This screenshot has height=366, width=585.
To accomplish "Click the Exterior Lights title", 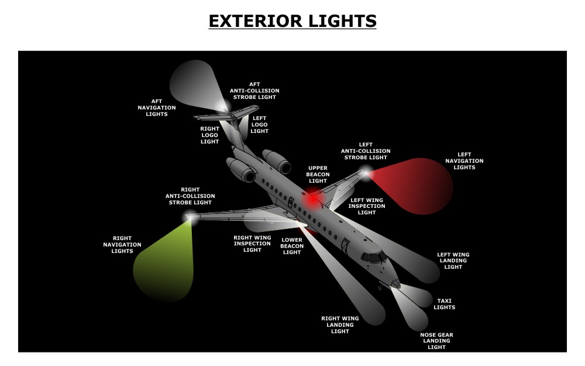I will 292,21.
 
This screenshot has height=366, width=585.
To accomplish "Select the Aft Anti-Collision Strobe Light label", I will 255,91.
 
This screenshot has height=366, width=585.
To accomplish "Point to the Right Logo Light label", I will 209,135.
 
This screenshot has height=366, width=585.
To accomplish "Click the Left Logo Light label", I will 259,125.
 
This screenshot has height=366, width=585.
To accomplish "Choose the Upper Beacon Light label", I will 318,175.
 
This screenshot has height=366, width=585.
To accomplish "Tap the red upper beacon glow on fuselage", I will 312,199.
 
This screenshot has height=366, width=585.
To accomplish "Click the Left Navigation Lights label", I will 464,161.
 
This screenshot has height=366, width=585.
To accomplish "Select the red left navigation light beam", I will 421,184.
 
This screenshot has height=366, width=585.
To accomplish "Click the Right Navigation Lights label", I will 122,245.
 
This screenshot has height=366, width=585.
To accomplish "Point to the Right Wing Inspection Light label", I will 252,244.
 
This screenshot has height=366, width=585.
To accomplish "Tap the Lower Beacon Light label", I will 292,246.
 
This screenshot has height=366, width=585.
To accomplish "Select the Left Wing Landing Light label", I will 453,261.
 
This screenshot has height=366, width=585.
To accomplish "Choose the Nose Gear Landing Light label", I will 436,341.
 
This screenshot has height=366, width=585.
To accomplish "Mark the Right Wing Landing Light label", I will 340,325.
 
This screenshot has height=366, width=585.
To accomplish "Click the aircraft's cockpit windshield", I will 373,257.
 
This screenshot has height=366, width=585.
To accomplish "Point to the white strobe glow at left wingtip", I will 366,172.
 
